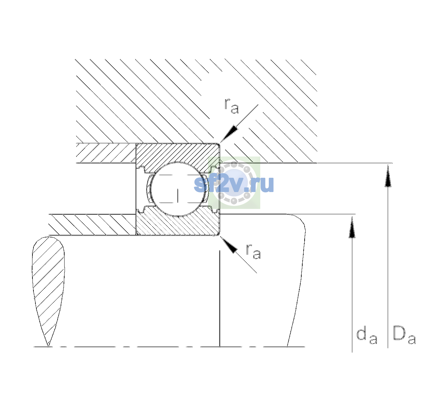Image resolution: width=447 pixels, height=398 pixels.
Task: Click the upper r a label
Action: (x=232, y=106)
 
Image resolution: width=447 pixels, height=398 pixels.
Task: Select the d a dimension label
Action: (x=367, y=336)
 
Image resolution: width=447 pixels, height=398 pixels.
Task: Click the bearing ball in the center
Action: (x=179, y=189)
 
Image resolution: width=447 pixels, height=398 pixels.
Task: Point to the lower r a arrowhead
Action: (x=229, y=245)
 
